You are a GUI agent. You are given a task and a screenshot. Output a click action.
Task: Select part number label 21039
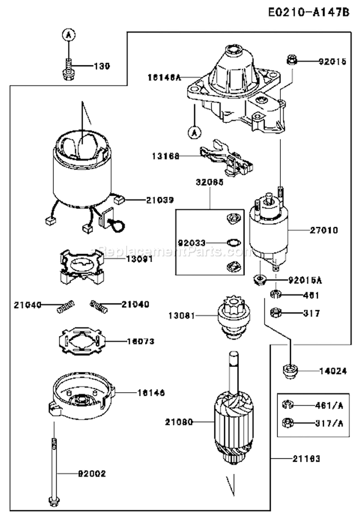150,199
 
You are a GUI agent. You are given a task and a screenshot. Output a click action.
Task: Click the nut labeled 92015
291,60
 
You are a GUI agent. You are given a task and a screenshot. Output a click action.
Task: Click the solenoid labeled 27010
268,230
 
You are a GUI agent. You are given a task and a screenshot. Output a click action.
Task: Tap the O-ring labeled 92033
231,242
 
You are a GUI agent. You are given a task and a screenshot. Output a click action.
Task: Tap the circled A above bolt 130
69,34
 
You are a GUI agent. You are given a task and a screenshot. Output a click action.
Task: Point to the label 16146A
164,76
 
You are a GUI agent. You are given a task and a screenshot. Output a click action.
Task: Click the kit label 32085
210,182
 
